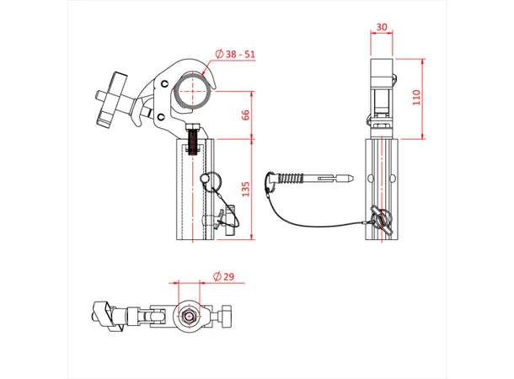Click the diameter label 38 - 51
(238, 54)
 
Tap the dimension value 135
(245, 189)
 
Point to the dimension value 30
(382, 27)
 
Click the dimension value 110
(414, 99)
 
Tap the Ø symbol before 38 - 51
(219, 54)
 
